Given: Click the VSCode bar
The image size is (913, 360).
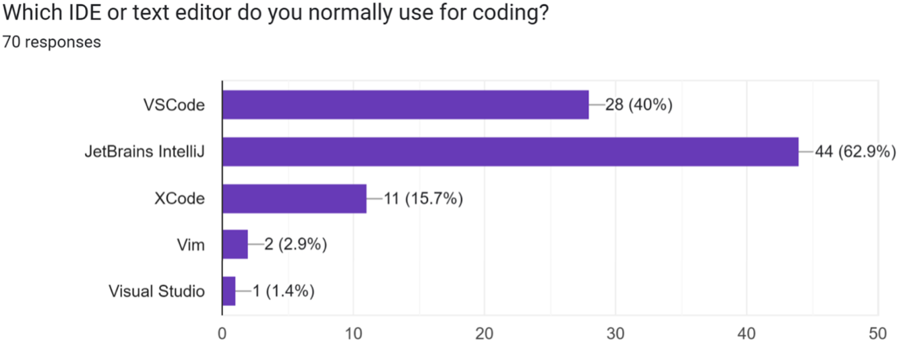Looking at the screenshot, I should coord(405,105).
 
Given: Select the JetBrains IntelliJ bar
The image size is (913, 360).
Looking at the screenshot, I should coord(510,152).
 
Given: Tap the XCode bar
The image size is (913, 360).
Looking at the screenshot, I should coord(294,198).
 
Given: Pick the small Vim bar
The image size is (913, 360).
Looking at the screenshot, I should coord(235,245).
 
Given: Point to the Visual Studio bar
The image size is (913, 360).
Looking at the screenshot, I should coord(229,291).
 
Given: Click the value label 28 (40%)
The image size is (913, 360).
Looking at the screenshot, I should coord(639,105).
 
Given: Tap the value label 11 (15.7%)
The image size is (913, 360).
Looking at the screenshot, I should coord(423,198).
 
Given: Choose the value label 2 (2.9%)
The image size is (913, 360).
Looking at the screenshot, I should coord(296,245).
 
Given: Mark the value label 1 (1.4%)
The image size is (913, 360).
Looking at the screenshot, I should coord(283,291).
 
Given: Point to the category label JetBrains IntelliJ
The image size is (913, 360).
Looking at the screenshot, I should coord(144,152).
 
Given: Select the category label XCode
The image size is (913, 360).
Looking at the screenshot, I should coord(180,198).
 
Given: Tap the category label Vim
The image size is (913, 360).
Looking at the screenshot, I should coord(191,245).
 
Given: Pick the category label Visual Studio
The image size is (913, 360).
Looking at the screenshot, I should coord(156,291).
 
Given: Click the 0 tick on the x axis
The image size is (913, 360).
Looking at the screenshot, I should coord(222,334).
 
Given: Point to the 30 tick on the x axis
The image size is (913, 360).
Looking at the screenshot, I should coord(615,334).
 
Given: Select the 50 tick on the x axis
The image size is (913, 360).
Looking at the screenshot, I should coord(877,334).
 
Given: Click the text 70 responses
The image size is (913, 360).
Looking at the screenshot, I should coord(51,42).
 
